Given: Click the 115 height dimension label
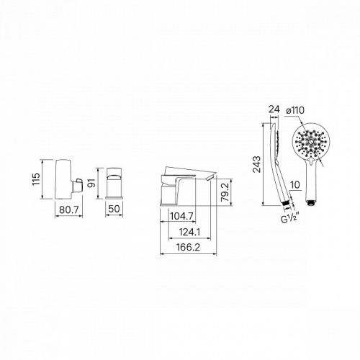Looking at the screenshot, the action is click(36, 179).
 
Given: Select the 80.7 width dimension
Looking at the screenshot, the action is click(69, 210).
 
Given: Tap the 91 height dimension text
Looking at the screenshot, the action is click(92, 183).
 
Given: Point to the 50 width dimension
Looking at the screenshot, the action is click(114, 209).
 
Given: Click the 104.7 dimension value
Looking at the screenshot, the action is click(181, 217).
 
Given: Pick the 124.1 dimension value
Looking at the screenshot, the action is click(189, 232).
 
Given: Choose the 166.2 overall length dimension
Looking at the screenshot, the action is click(188, 248).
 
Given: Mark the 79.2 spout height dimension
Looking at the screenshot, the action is click(225, 192).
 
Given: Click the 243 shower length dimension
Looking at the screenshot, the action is click(257, 164).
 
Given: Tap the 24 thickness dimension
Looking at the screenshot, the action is click(274, 109).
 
